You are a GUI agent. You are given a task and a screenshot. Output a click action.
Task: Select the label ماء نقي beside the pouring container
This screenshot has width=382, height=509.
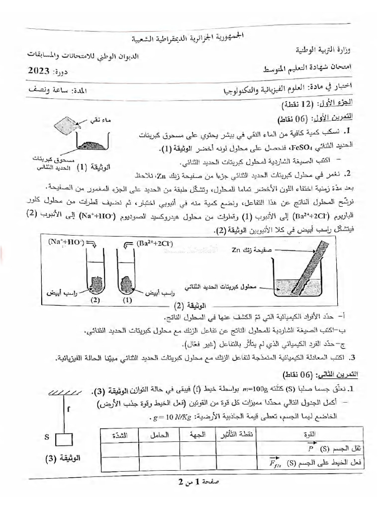(x=97, y=120)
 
